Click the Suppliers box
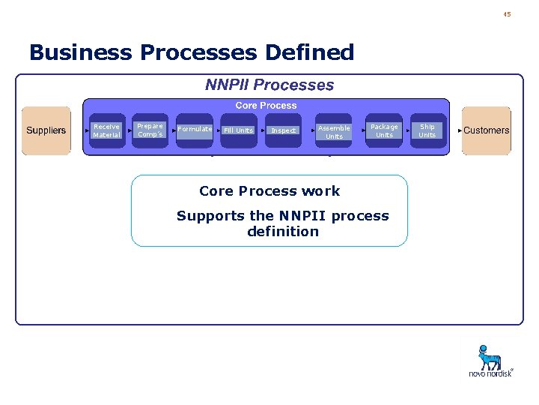[x=46, y=130]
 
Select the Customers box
[x=487, y=130]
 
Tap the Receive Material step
[x=106, y=130]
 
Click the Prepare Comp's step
[x=150, y=130]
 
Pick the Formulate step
[x=195, y=130]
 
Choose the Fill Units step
[x=238, y=130]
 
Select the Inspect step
[x=284, y=130]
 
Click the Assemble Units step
[x=334, y=131]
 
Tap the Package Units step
[x=384, y=130]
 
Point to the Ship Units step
[x=427, y=130]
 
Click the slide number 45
[x=507, y=14]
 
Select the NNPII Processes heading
[x=269, y=85]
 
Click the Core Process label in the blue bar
[x=266, y=106]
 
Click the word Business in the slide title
[x=82, y=52]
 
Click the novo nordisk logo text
[x=490, y=373]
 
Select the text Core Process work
[x=269, y=191]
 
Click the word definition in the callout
[x=283, y=232]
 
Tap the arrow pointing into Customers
[x=460, y=130]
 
